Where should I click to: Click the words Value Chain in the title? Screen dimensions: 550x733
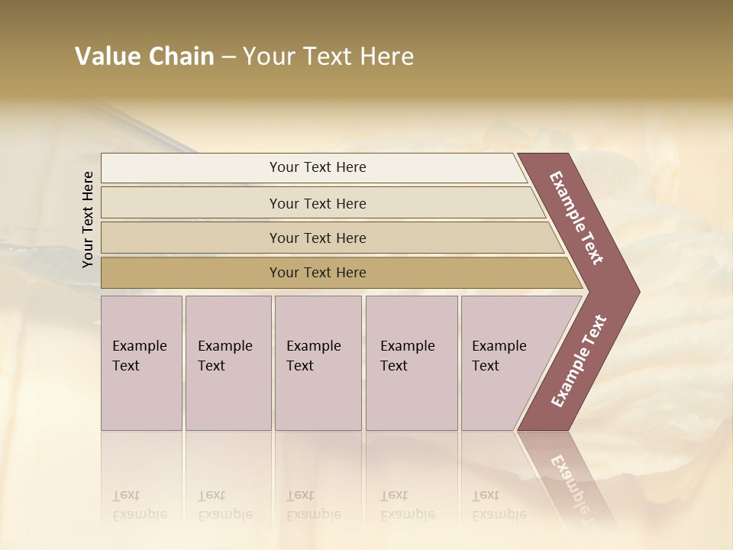[144, 57]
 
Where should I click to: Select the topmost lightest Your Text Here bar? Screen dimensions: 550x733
[191, 167]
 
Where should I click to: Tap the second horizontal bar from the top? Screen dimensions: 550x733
[191, 203]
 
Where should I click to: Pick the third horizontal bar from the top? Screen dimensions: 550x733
[191, 238]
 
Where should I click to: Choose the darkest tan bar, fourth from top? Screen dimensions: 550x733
[191, 273]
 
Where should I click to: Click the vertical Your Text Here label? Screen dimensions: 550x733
[88, 220]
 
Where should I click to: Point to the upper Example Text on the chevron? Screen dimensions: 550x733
[576, 218]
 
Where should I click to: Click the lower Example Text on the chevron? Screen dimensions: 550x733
[579, 361]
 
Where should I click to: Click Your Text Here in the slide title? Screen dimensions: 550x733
[328, 57]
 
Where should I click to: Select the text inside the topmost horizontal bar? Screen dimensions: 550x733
[318, 167]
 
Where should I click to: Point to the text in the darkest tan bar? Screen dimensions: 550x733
[318, 273]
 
